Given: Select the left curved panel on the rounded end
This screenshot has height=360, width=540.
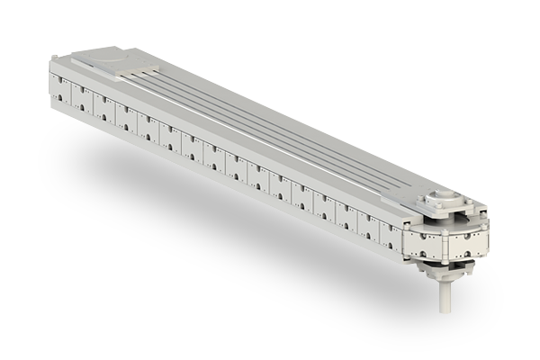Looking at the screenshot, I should click(x=424, y=241).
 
